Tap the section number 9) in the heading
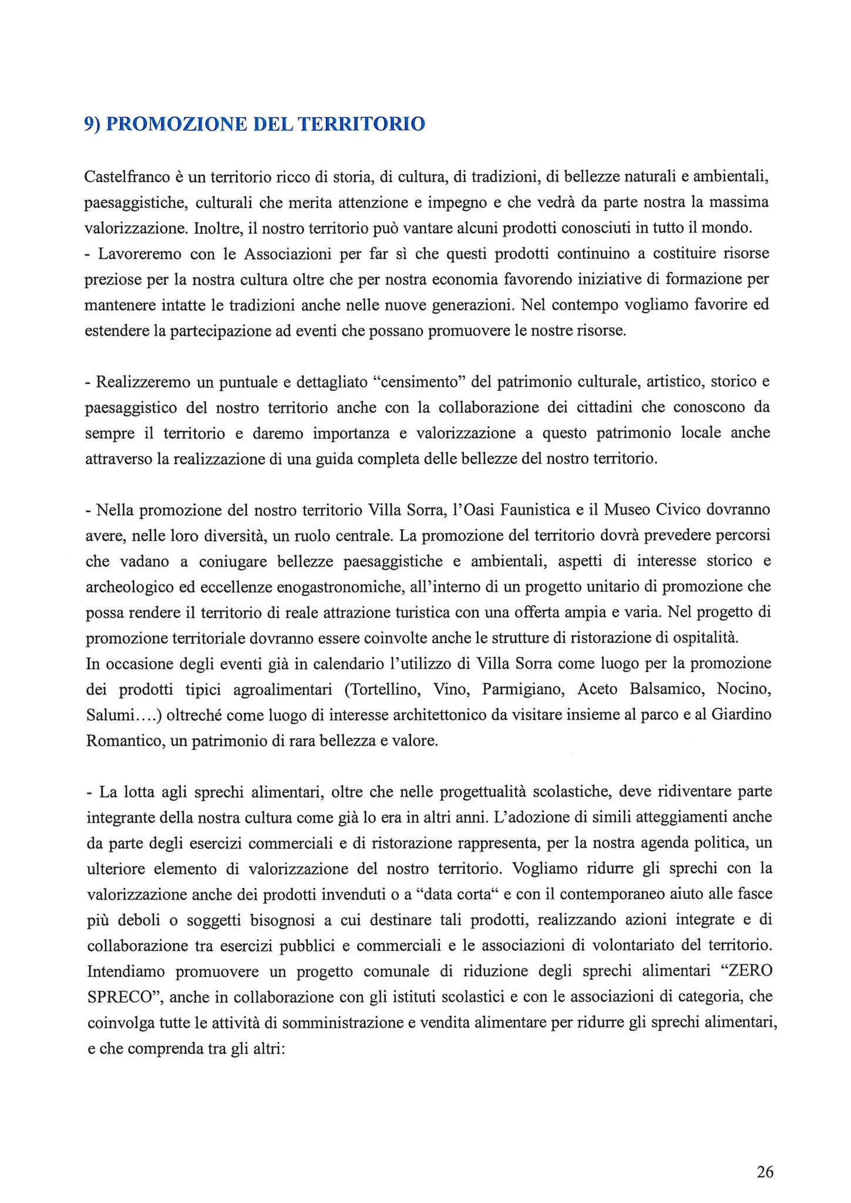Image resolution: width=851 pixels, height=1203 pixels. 92,124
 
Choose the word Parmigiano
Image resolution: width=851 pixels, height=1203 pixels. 523,690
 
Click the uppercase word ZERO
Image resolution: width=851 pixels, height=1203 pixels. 749,971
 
